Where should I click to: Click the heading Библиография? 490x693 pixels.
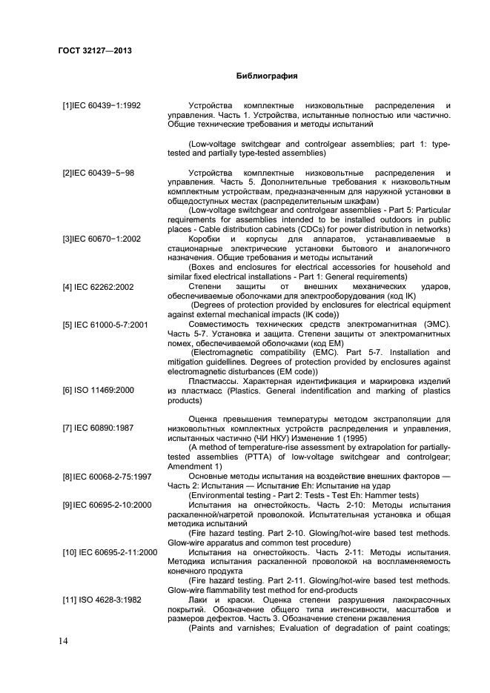coord(267,76)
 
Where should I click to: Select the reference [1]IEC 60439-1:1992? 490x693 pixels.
coord(102,106)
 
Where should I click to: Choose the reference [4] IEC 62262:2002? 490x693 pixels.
coord(99,285)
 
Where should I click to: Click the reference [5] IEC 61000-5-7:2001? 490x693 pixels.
coord(105,325)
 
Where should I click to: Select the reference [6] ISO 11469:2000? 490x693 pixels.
coord(98,390)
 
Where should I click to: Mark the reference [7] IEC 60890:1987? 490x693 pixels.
coord(98,429)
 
